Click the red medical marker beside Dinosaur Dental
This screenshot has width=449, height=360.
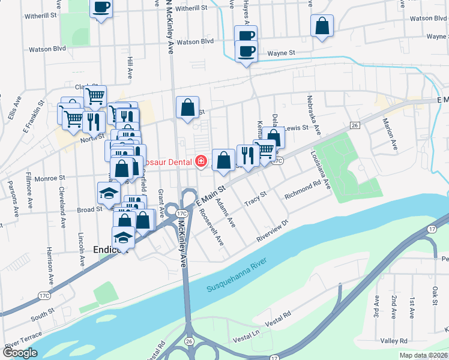tap(200, 162)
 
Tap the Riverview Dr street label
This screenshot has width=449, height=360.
tap(273, 229)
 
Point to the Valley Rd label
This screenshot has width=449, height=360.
tap(394, 341)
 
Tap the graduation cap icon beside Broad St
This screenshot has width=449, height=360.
tap(109, 193)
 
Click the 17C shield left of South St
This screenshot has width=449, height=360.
tap(43, 295)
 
